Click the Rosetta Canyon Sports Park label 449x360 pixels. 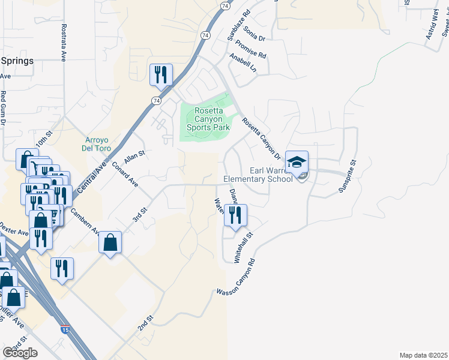click(x=208, y=119)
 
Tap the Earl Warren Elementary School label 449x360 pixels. click(x=258, y=174)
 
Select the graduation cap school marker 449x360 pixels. click(x=297, y=164)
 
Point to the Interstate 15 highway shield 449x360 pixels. click(x=64, y=329)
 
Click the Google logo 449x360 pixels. click(x=20, y=353)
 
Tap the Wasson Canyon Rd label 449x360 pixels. click(x=237, y=278)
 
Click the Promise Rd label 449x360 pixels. click(x=251, y=50)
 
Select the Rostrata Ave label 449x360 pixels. click(x=63, y=43)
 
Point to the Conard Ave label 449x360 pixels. click(x=125, y=174)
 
